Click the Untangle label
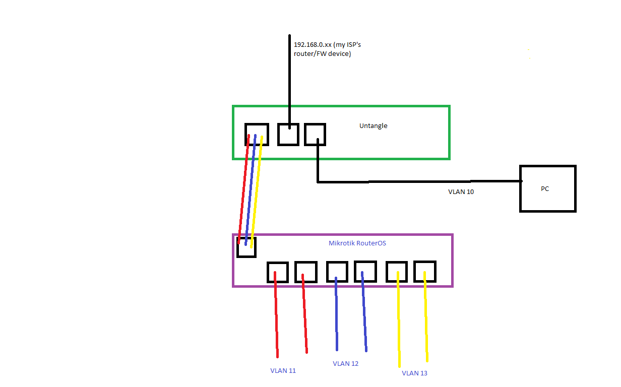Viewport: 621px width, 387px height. click(373, 125)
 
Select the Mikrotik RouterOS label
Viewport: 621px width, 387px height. click(357, 243)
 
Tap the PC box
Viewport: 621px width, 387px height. click(547, 189)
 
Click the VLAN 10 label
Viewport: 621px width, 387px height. click(461, 192)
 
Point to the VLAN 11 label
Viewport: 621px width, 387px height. click(283, 371)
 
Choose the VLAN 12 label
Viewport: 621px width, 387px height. click(345, 363)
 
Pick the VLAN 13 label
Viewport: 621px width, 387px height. click(414, 373)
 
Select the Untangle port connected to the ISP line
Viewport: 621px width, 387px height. click(288, 134)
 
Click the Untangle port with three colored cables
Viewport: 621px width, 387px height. click(256, 134)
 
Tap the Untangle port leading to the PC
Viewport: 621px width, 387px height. click(315, 134)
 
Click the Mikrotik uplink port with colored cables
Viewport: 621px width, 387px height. click(246, 247)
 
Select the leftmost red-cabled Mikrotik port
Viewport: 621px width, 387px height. click(277, 272)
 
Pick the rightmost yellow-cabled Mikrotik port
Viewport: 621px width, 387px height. click(424, 272)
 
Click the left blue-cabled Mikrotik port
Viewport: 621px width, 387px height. click(337, 272)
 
